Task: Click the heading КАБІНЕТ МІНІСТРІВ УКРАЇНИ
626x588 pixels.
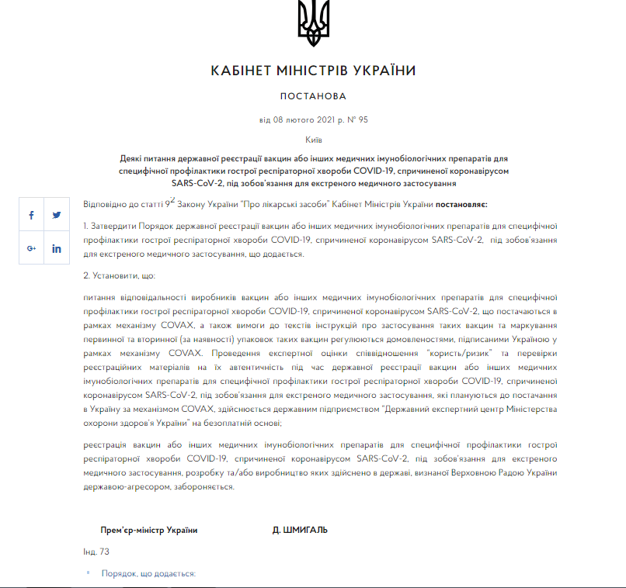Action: (313, 71)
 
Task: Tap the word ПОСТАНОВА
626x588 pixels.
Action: (313, 97)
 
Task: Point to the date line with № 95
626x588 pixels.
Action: (313, 120)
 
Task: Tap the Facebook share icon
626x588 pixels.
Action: (31, 215)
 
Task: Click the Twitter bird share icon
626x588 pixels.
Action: (57, 215)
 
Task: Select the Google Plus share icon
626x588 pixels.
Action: (31, 248)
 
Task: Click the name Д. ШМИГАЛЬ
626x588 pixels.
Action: (300, 530)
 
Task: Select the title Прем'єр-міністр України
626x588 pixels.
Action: (148, 530)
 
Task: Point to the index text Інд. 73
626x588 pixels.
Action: (96, 552)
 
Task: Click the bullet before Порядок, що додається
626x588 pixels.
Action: (89, 574)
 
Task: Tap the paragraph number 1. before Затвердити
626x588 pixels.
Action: (87, 226)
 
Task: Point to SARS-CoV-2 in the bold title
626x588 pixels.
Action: (197, 184)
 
